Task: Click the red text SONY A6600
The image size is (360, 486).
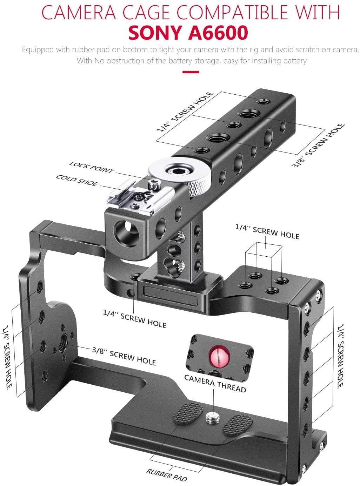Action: click(x=188, y=33)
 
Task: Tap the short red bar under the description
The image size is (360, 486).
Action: click(x=191, y=72)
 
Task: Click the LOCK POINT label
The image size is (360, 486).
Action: click(x=92, y=167)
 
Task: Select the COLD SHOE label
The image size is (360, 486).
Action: click(x=77, y=180)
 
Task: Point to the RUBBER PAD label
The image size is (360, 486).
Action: click(x=167, y=475)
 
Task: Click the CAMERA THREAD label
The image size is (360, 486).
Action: click(x=215, y=383)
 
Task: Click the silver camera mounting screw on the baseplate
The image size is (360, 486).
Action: click(x=211, y=417)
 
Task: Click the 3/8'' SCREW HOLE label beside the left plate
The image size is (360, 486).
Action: click(x=124, y=356)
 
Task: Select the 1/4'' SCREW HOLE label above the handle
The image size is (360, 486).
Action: click(x=185, y=112)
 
